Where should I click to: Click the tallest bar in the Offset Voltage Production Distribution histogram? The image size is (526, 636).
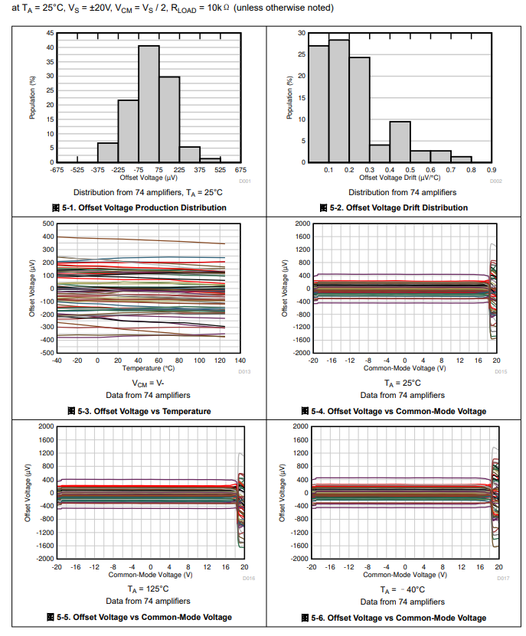coord(149,104)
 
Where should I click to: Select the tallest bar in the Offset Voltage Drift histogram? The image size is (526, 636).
coord(339,101)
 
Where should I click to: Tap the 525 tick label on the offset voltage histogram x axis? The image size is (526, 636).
coord(221,170)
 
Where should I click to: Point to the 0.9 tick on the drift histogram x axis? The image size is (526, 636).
coord(492,170)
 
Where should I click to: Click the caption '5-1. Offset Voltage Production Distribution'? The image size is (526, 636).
coord(144,207)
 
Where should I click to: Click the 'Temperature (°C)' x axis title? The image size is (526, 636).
coord(148,368)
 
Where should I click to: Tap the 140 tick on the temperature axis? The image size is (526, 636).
coord(240,360)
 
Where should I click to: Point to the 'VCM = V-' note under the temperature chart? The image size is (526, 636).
coord(149,383)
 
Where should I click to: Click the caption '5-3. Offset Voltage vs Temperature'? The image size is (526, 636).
coord(144,411)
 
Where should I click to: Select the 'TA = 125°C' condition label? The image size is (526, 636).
coord(149,590)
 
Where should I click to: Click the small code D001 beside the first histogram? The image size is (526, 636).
coord(245,181)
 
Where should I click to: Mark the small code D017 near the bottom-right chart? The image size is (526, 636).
coord(503,578)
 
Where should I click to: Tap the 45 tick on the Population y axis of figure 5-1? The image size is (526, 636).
coord(50,33)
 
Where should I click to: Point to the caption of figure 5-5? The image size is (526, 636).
coord(144,617)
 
